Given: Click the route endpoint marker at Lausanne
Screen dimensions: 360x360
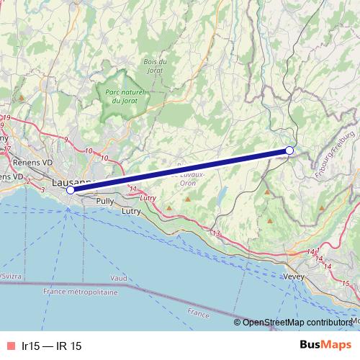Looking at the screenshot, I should (x=71, y=190).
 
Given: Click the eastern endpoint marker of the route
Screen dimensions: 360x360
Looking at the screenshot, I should (x=289, y=150).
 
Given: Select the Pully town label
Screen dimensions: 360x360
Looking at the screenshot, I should (x=104, y=202).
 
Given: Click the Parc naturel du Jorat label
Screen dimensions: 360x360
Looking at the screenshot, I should (x=125, y=96).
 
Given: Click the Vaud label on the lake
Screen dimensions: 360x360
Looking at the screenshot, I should (x=119, y=277).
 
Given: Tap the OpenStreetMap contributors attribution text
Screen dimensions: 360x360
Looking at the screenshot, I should (x=301, y=323).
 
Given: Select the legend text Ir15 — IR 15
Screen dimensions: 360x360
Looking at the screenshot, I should (x=52, y=346).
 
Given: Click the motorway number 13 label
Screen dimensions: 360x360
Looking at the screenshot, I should (x=215, y=233).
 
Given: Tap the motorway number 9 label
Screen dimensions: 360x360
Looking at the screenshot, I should (x=66, y=138).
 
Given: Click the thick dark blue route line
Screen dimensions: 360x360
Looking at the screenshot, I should (x=180, y=170).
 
